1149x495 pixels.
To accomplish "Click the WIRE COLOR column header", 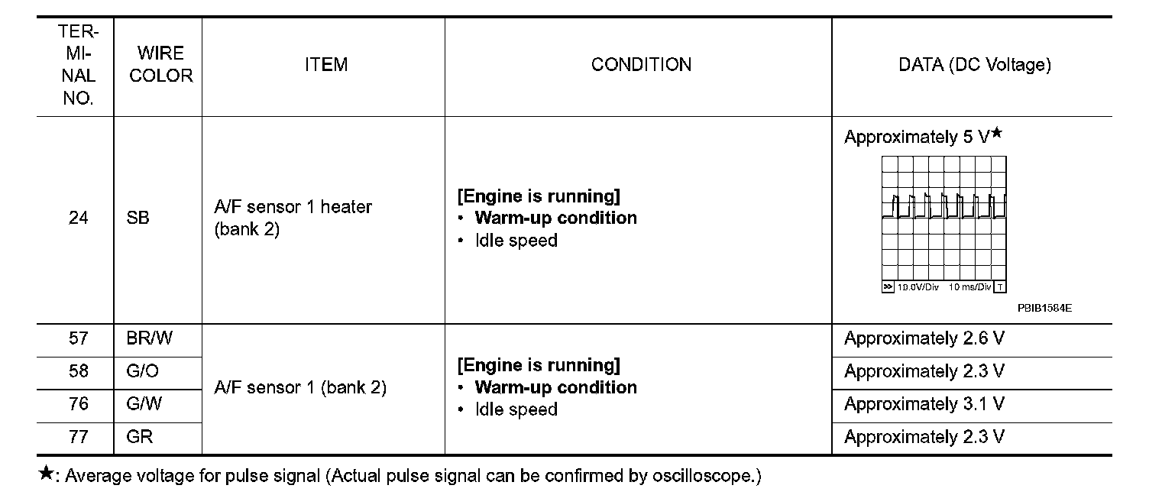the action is tap(160, 65).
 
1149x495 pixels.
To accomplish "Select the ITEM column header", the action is tap(325, 65).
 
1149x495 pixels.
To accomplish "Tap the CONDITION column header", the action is tap(641, 65).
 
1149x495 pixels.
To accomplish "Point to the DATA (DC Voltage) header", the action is tap(974, 65).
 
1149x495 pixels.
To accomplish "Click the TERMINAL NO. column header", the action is tap(78, 65).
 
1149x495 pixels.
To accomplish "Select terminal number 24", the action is tap(78, 218).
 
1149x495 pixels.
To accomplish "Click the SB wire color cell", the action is tap(138, 218).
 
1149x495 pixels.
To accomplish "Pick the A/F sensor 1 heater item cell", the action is tap(293, 218).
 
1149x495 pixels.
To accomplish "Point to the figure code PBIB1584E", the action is tap(1044, 309).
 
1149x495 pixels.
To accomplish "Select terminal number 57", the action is tap(78, 338).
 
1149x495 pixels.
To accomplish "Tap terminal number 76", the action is tap(78, 404).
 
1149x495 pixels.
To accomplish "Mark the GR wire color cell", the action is tap(140, 437).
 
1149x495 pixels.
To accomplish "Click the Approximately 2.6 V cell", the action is tap(924, 338).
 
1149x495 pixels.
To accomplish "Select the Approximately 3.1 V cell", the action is tap(924, 404).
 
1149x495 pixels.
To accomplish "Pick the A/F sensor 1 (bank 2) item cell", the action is tap(300, 388).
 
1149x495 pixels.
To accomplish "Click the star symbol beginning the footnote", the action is tap(46, 475).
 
